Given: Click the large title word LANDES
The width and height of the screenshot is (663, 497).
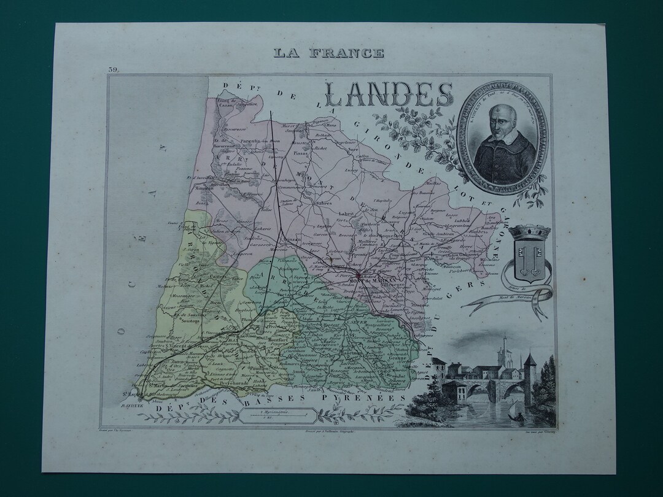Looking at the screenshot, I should tap(388, 95).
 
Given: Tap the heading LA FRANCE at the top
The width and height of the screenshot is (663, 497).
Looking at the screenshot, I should tap(329, 53).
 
